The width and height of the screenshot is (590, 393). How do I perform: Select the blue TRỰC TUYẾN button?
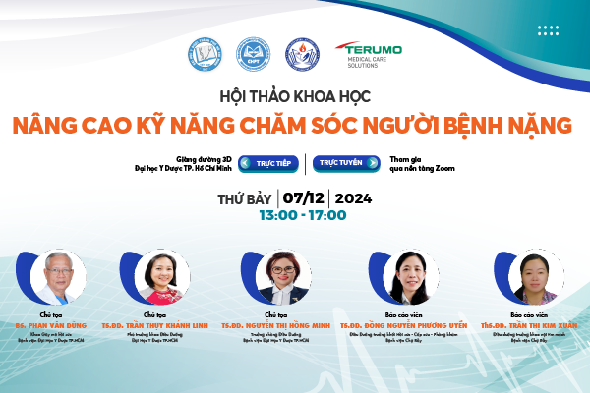click(339, 163)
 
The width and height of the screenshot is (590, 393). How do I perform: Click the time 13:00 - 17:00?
click(302, 215)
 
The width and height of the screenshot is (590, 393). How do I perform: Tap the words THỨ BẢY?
click(246, 197)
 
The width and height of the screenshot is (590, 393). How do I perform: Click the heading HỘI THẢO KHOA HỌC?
click(295, 97)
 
